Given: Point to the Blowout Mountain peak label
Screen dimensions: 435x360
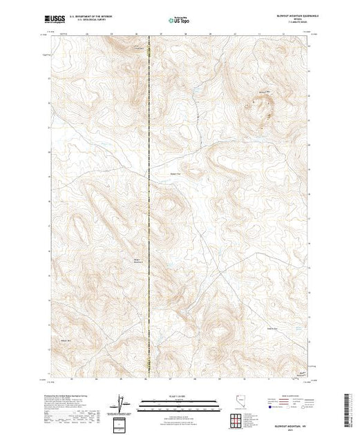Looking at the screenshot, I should pyautogui.click(x=263, y=91).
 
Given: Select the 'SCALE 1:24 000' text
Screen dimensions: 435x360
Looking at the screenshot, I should pyautogui.click(x=179, y=396).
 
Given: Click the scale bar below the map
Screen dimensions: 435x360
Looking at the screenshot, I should pyautogui.click(x=179, y=401).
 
